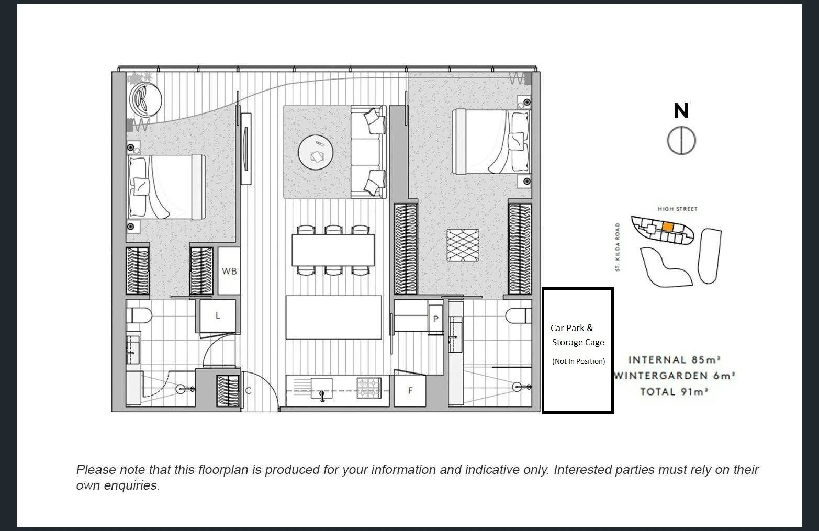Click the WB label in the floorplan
(229, 271)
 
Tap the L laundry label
(218, 315)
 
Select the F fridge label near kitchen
(410, 390)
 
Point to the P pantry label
(435, 319)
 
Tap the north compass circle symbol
(681, 141)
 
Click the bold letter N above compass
(681, 111)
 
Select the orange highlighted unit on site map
(667, 227)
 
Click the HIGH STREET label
(678, 209)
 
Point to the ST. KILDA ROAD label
(618, 247)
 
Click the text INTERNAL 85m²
(675, 360)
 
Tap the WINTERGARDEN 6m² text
(675, 376)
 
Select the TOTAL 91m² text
(675, 391)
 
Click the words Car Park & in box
(571, 328)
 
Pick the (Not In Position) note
(578, 361)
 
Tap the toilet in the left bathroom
(140, 315)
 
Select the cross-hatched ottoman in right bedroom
(463, 245)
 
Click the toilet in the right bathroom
(518, 315)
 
